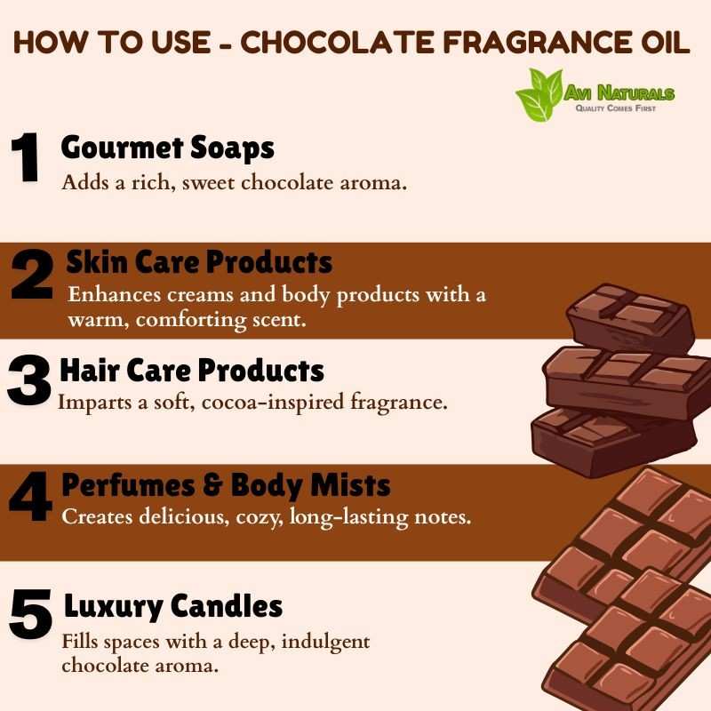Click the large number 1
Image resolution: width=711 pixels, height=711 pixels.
[25, 157]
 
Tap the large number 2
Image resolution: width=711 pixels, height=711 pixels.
[32, 275]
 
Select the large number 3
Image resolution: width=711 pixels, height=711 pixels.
[28, 380]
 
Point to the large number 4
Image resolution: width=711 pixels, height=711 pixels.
[31, 496]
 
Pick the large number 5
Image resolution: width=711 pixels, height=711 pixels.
[31, 613]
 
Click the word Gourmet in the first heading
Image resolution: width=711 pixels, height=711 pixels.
[122, 148]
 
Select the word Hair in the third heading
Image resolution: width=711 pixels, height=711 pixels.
[90, 370]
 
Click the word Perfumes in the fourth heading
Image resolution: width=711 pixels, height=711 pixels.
[128, 485]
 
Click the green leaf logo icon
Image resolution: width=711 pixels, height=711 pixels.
[539, 94]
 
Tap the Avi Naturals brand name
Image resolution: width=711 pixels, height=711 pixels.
[619, 93]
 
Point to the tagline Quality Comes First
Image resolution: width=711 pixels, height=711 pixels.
[615, 108]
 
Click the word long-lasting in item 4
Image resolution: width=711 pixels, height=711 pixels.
[348, 517]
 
